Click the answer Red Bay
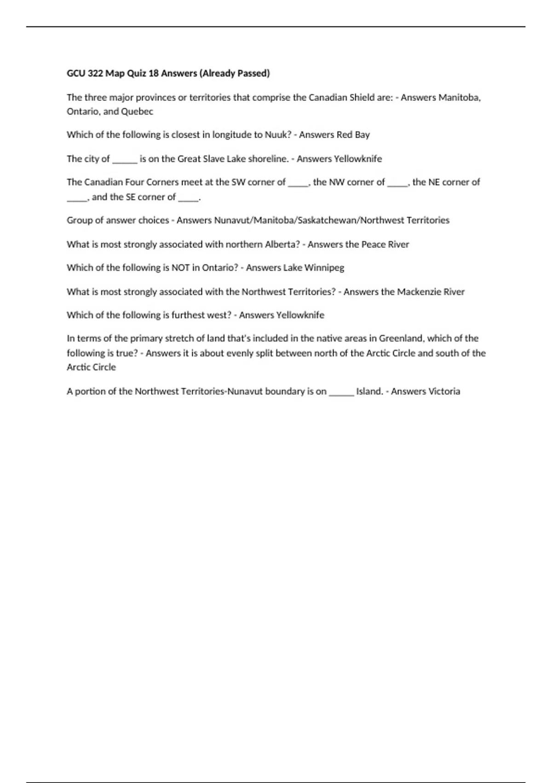tap(353, 135)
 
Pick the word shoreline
tap(268, 159)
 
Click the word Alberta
tap(283, 244)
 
